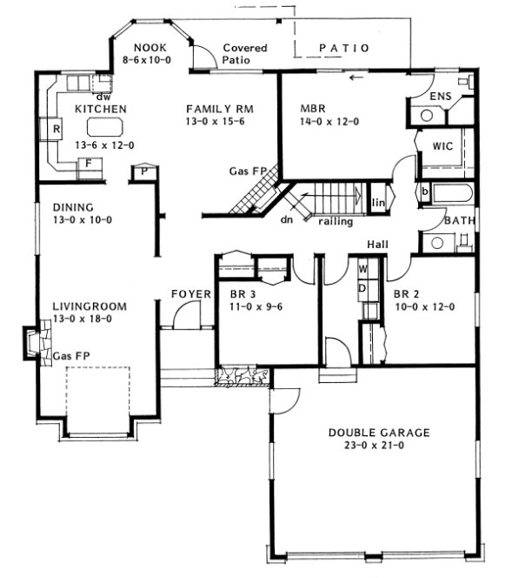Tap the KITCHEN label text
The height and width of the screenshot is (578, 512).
(x=101, y=109)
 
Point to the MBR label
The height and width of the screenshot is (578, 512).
(x=313, y=109)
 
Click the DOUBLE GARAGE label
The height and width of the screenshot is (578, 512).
(x=379, y=433)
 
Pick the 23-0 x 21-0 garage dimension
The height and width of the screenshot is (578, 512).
(x=379, y=447)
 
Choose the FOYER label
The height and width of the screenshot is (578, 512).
(x=190, y=294)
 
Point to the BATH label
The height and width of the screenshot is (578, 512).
(x=460, y=221)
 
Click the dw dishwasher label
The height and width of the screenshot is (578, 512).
(x=102, y=97)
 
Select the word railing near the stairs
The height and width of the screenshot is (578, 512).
(x=336, y=222)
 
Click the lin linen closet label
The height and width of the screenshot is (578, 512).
(x=377, y=203)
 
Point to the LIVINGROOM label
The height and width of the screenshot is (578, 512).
(x=90, y=306)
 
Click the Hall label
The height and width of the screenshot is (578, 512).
(x=377, y=245)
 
